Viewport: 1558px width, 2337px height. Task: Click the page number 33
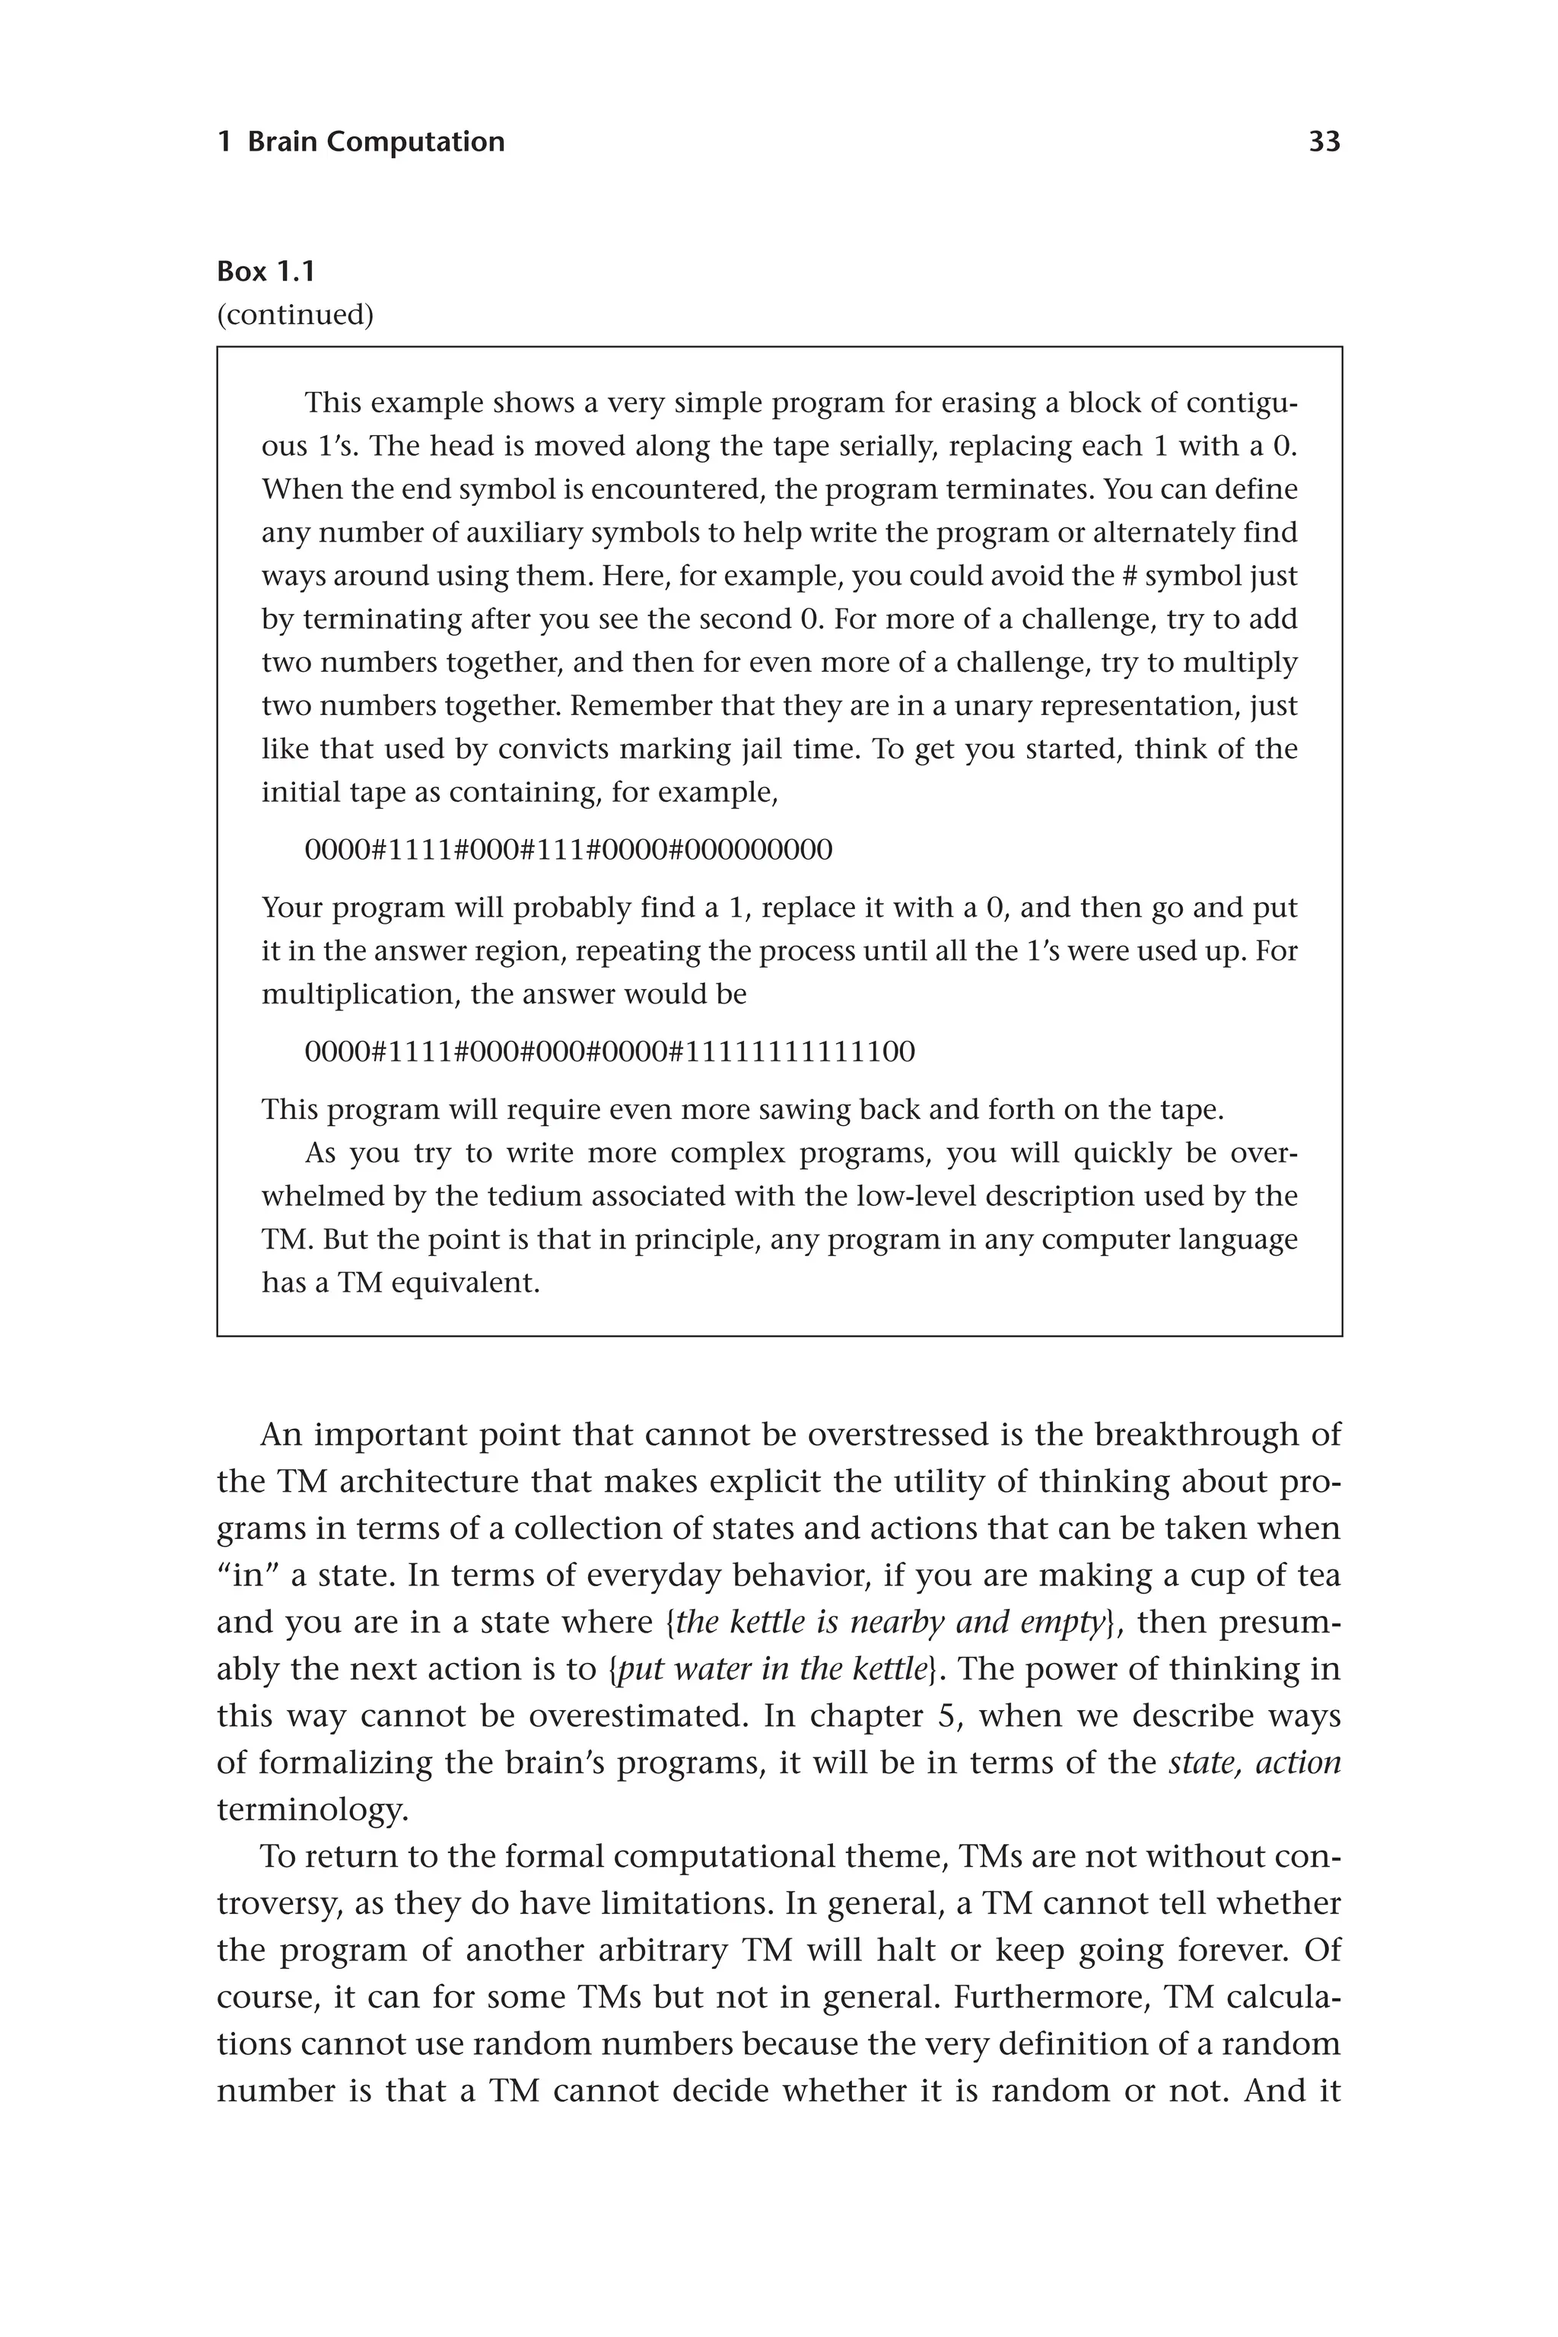(x=1324, y=142)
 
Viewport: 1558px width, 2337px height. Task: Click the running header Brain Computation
(x=376, y=142)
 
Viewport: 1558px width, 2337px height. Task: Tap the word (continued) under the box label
(x=295, y=315)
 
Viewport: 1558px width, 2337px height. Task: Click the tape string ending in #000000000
(x=568, y=851)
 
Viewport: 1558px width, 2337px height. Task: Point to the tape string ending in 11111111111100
(x=609, y=1052)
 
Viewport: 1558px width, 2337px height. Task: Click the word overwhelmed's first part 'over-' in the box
(x=1263, y=1153)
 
